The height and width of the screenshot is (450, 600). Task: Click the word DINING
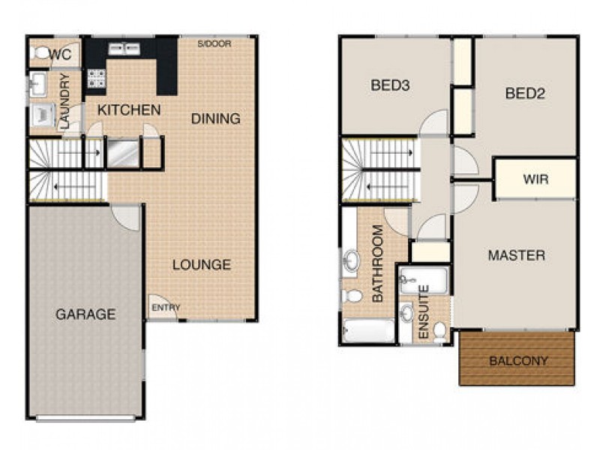click(x=215, y=118)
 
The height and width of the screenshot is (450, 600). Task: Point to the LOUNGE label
click(x=201, y=265)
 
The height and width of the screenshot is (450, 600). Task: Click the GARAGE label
click(x=85, y=314)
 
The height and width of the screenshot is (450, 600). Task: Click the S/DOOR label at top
click(x=214, y=44)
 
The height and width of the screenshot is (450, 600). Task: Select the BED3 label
click(x=390, y=85)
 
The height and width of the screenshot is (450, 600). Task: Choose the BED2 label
click(x=524, y=94)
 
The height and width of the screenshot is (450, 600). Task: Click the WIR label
click(x=535, y=179)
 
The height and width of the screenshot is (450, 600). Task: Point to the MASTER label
click(x=516, y=256)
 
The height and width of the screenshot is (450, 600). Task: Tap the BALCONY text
click(x=518, y=361)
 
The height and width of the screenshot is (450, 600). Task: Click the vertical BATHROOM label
click(x=377, y=264)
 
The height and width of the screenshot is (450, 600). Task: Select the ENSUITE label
click(x=423, y=311)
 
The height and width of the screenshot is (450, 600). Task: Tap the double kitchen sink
click(x=124, y=49)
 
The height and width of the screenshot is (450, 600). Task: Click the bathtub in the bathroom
click(x=368, y=330)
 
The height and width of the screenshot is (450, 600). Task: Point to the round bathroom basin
click(x=352, y=262)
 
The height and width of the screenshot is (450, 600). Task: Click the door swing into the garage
click(x=127, y=216)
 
